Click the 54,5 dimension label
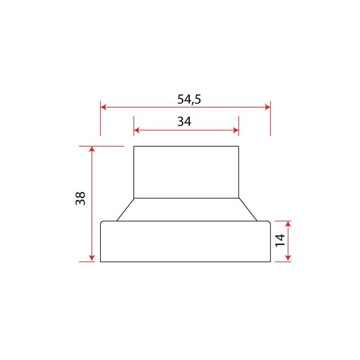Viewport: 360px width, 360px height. (189, 99)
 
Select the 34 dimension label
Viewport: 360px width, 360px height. (184, 122)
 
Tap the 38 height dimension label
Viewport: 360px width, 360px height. (80, 199)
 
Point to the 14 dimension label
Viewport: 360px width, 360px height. (280, 240)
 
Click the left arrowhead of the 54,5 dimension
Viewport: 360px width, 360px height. (103, 107)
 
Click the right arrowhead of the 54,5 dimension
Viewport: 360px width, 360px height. (267, 107)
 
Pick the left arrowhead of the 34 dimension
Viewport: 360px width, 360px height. (137, 131)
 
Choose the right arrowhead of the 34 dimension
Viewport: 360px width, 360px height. (236, 131)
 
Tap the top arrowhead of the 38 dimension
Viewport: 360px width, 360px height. (92, 149)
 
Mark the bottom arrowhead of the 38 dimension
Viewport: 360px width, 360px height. (92, 259)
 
